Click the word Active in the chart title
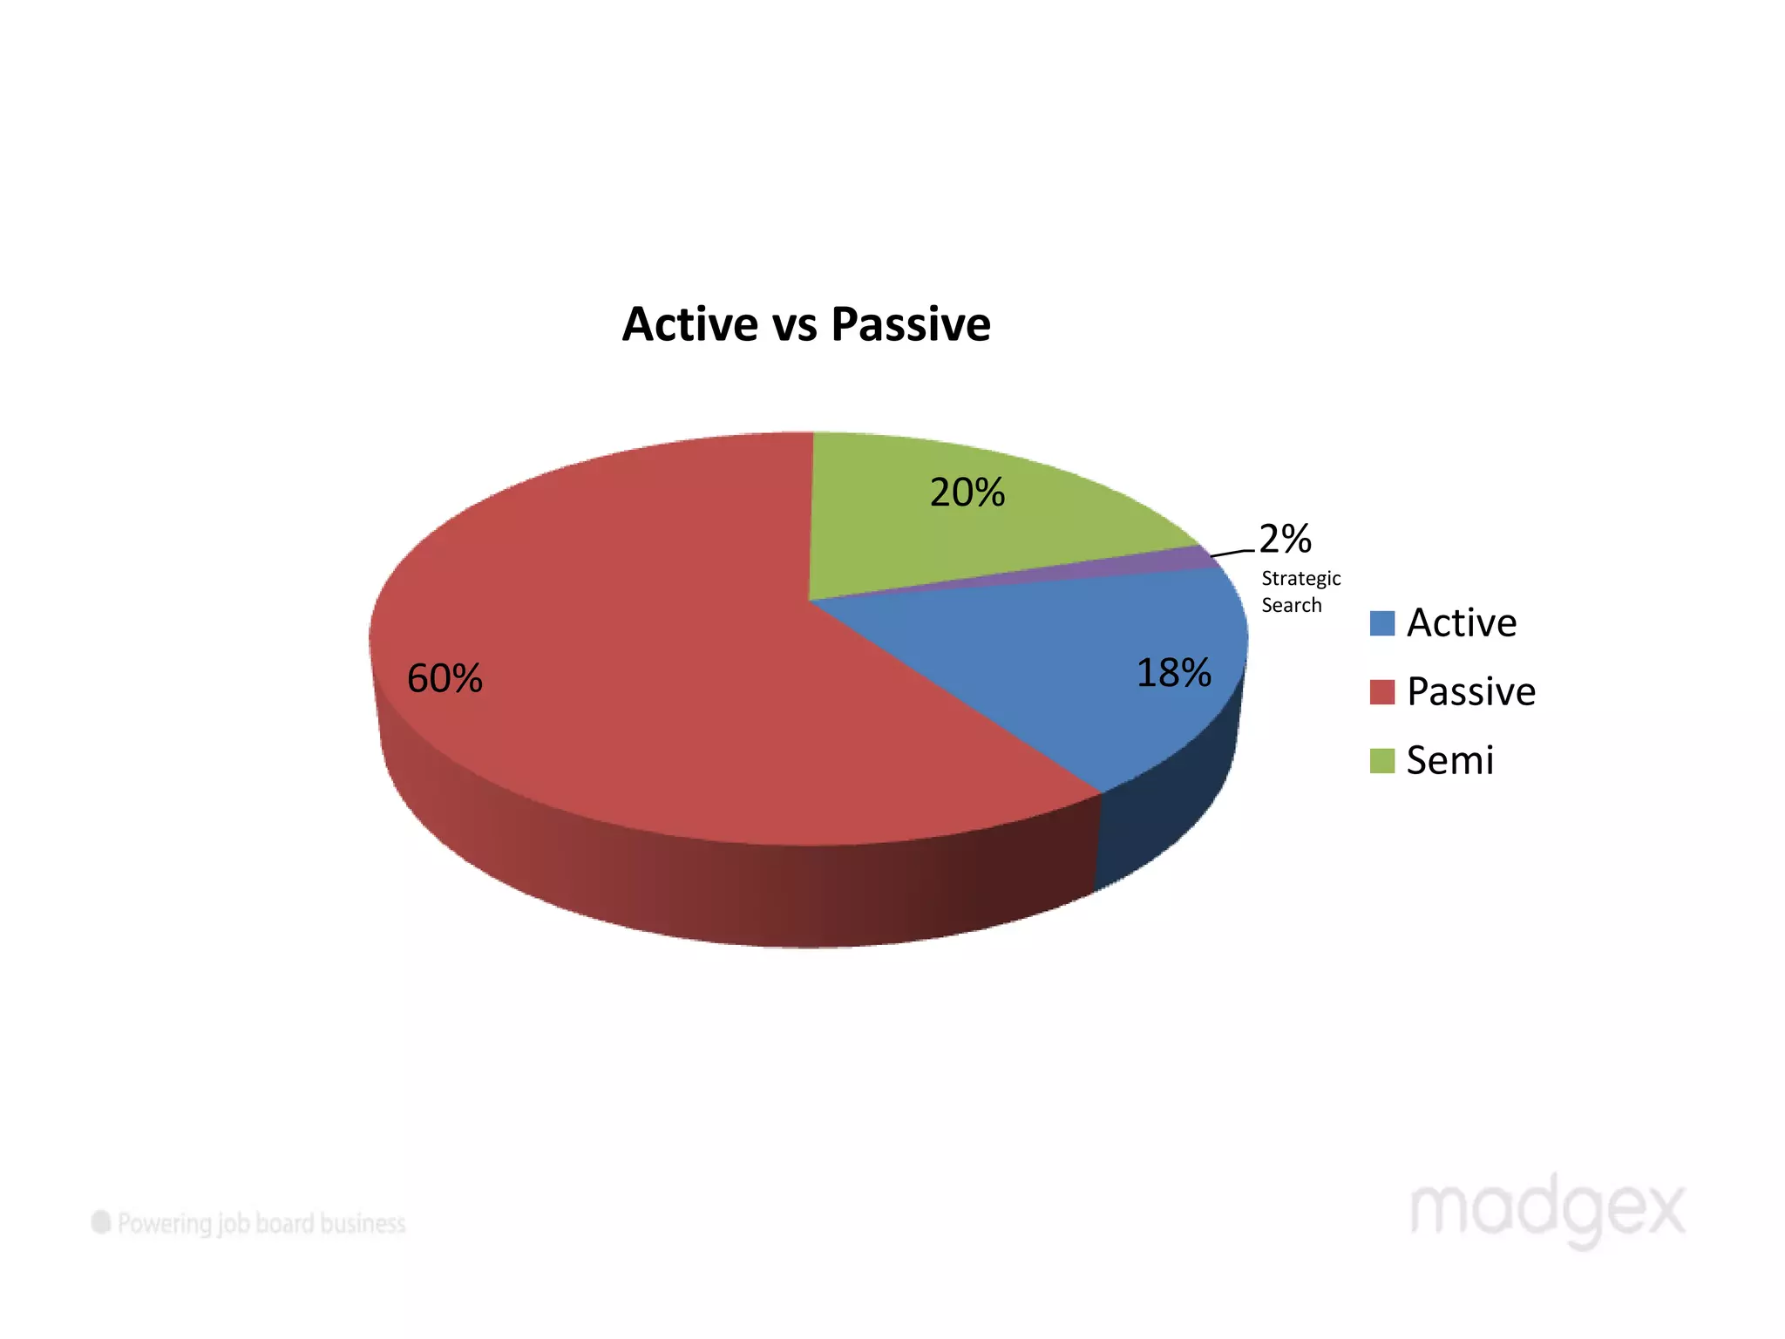click(x=690, y=324)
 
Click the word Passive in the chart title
click(x=910, y=324)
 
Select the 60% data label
click(x=445, y=678)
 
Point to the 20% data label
click(x=967, y=493)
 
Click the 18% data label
click(x=1173, y=673)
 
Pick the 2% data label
click(x=1286, y=539)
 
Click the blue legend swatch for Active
click(x=1381, y=623)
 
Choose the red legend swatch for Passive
click(x=1381, y=692)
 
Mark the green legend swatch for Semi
click(x=1381, y=760)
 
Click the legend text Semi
click(x=1450, y=760)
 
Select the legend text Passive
click(x=1471, y=692)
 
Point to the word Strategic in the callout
click(x=1300, y=579)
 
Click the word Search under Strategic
click(x=1291, y=605)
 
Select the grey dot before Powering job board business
click(x=101, y=1222)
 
